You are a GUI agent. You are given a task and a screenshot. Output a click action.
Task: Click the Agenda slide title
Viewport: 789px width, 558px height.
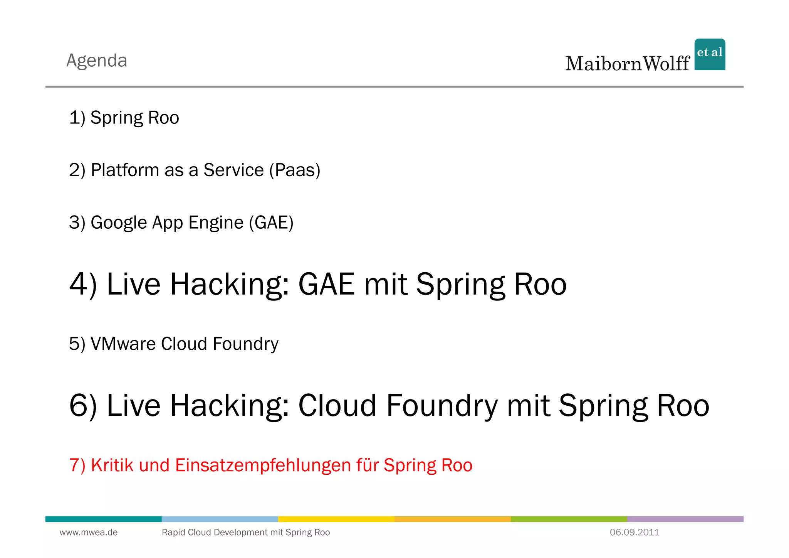point(97,61)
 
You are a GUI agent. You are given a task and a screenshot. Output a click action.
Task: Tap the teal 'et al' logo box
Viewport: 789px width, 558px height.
point(710,54)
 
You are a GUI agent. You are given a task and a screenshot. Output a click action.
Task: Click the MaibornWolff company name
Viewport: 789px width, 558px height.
point(627,64)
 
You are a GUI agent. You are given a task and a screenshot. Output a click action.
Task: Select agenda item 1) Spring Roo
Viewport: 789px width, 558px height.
point(124,118)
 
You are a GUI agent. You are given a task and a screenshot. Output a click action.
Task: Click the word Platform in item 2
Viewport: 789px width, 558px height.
point(125,170)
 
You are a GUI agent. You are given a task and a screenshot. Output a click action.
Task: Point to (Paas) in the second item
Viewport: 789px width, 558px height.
point(295,170)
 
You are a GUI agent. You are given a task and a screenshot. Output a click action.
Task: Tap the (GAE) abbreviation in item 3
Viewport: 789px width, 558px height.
point(271,223)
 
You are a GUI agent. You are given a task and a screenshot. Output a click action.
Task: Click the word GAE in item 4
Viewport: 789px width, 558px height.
point(326,284)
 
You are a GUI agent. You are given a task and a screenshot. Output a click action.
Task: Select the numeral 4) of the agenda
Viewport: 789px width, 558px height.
point(83,284)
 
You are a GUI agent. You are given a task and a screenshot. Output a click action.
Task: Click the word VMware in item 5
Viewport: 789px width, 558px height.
point(123,344)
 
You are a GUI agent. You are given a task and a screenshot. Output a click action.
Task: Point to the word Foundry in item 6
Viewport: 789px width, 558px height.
point(442,406)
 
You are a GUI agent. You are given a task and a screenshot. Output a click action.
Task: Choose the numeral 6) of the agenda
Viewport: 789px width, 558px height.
point(83,406)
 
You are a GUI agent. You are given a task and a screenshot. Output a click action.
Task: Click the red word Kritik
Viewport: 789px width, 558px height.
point(112,465)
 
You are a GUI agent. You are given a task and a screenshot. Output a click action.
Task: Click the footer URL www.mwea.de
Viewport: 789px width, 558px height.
point(89,533)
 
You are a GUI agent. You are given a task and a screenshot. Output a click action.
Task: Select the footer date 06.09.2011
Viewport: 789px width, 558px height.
point(635,533)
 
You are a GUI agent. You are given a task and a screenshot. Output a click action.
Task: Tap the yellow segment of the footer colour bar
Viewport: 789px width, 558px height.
point(336,519)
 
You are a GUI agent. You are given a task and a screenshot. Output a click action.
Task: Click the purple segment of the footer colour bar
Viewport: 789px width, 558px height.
point(685,519)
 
